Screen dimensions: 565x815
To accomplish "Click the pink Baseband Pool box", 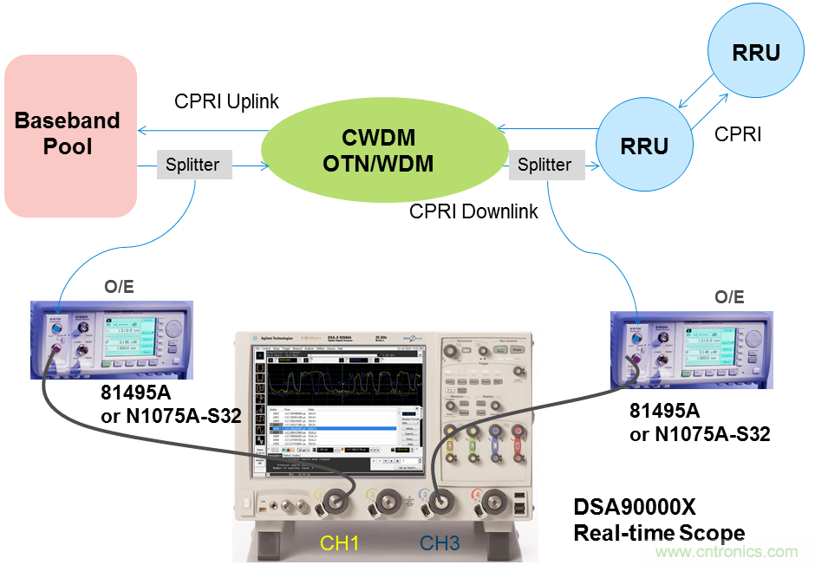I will [x=70, y=135].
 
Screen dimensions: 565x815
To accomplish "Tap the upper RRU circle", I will [x=755, y=53].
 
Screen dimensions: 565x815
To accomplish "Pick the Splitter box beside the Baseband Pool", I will [x=193, y=165].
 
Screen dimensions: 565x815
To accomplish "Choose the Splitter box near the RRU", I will [x=544, y=165].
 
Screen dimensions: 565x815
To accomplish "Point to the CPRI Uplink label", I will [x=226, y=102].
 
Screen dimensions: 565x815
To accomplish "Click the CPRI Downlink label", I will [x=473, y=211].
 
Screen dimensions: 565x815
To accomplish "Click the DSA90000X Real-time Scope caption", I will [x=659, y=519].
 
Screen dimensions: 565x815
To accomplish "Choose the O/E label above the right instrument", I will [x=728, y=297].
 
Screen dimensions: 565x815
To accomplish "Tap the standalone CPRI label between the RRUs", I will [x=738, y=134].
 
